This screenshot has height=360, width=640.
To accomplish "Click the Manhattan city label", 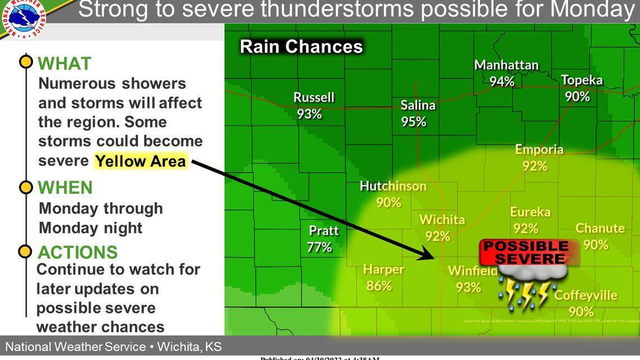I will [x=506, y=65].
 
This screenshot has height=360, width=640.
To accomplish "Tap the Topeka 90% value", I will [x=577, y=97].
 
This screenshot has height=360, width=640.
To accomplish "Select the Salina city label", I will [x=418, y=105].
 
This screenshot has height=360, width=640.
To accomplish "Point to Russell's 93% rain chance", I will [x=309, y=113].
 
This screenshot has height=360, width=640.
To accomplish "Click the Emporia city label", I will [x=539, y=149].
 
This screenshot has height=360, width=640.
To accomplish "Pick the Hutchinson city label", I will [x=393, y=186].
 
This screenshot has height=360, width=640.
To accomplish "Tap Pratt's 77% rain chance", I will [x=319, y=247].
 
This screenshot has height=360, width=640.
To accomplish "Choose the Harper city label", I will [x=383, y=270].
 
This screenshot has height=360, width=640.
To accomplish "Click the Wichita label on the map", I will [x=442, y=220].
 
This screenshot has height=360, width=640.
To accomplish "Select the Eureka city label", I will [x=530, y=212].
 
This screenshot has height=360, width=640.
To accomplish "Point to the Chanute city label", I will [x=600, y=228].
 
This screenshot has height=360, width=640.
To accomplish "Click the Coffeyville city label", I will [x=586, y=295].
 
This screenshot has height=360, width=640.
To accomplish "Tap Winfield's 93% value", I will [x=468, y=287].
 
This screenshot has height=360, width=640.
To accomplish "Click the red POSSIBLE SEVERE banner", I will [x=526, y=252].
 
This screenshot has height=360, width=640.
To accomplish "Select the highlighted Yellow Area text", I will [x=140, y=161].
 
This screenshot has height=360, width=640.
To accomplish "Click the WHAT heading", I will [x=65, y=63].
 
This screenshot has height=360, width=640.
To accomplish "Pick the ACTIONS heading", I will [x=77, y=252].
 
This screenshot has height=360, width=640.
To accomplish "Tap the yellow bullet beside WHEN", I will [x=26, y=187].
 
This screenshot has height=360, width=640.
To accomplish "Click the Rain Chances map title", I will [x=301, y=46].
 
